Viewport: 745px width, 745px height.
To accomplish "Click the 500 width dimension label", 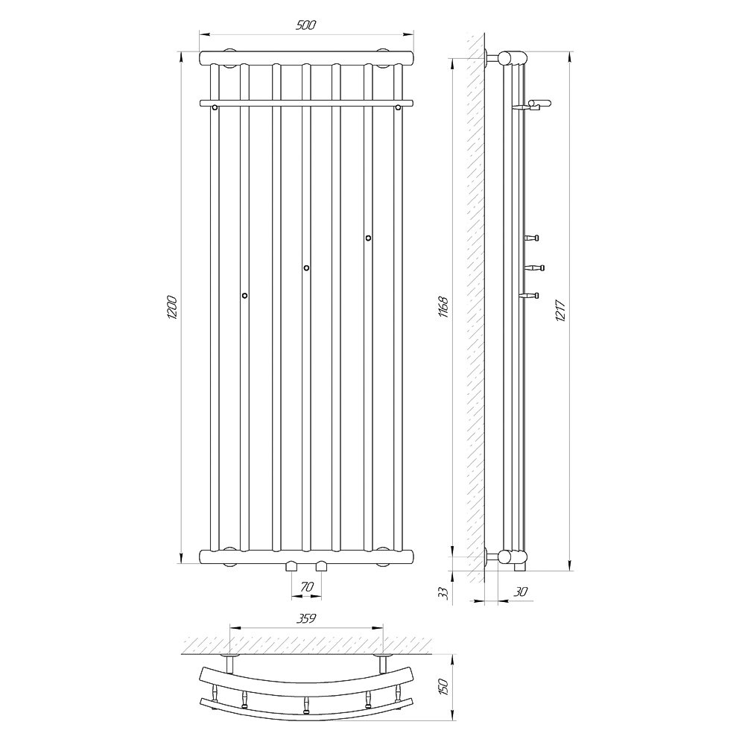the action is [x=305, y=25].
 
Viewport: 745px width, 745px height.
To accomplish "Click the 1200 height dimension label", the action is [x=172, y=308].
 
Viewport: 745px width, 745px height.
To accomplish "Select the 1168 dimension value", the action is [x=443, y=307].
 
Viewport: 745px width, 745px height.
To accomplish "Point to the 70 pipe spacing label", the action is [x=307, y=587].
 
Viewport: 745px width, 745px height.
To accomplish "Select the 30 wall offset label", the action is [x=521, y=592].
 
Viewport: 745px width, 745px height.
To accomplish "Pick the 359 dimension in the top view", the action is [x=306, y=618].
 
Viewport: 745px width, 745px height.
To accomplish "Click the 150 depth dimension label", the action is [x=444, y=688].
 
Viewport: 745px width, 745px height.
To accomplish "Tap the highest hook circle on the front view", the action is [x=368, y=238].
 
